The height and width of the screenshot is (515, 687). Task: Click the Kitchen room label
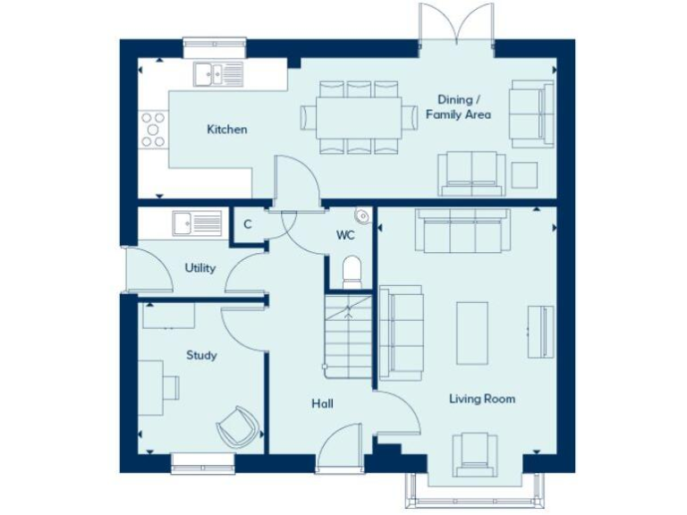point(227,130)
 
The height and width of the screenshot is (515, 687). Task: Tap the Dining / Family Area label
point(458,107)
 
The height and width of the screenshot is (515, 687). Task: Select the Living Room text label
point(482,399)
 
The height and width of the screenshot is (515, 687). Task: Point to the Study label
point(201,355)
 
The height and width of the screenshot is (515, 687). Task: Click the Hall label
point(322,404)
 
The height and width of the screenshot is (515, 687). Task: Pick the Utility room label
point(199,267)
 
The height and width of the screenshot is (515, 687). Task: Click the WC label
point(346,236)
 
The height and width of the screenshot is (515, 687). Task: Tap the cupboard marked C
point(248,224)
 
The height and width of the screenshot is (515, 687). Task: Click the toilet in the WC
point(352,271)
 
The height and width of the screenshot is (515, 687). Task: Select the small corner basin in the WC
point(362,215)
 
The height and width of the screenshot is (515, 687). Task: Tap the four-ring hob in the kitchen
point(153,129)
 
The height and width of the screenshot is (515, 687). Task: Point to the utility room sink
point(197,223)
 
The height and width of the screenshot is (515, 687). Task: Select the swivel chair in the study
point(236,427)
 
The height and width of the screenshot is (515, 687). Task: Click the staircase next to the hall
point(349,340)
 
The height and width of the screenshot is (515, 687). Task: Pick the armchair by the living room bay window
point(474,452)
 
